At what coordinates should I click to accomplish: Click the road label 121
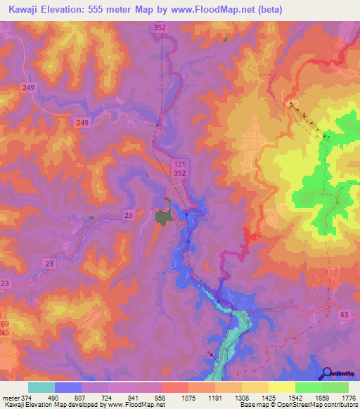click(x=179, y=163)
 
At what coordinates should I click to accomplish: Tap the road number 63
click(x=343, y=316)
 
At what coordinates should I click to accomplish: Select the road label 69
click(x=6, y=324)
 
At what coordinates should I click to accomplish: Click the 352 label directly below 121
click(x=179, y=172)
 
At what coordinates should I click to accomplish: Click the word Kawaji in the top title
click(x=24, y=10)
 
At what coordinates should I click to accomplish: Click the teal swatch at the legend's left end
click(x=41, y=387)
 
